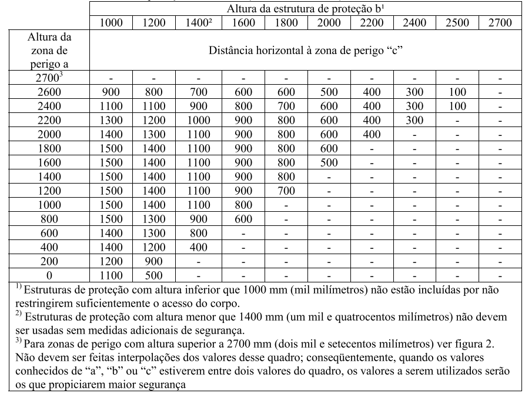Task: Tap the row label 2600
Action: tap(49, 92)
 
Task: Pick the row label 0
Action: tap(49, 274)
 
